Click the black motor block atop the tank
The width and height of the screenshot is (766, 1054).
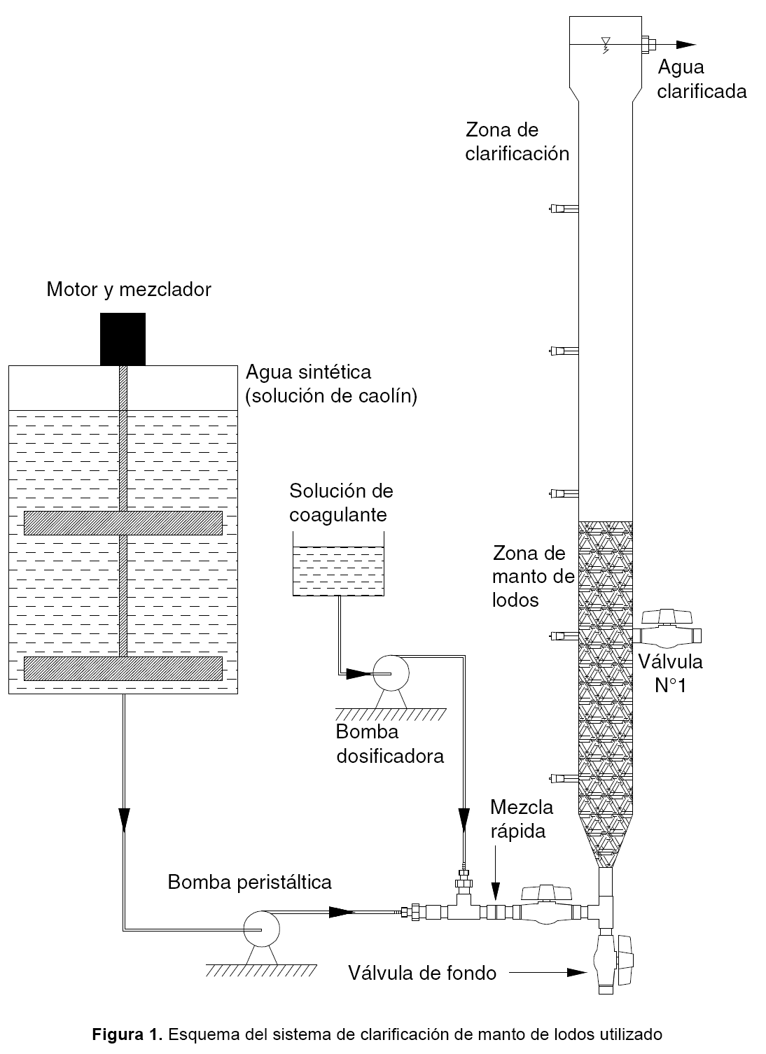123,339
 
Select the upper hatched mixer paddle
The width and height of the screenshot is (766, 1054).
123,523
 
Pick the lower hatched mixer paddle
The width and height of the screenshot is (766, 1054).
123,668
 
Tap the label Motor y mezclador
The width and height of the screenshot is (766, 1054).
129,289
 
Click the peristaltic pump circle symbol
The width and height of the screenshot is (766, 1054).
260,929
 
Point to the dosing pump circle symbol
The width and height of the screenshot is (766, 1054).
391,673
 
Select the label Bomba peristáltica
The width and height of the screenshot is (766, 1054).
249,882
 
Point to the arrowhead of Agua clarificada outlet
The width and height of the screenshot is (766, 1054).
685,45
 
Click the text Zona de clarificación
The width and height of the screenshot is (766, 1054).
517,141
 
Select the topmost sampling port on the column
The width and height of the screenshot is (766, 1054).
562,208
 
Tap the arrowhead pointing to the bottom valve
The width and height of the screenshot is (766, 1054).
577,972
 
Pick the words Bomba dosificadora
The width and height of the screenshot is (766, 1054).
389,744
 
